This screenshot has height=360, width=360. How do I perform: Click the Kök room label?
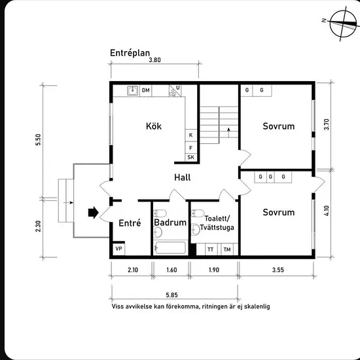pos(154,126)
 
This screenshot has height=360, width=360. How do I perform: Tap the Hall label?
pos(183,177)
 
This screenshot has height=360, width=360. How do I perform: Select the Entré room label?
pos(130,223)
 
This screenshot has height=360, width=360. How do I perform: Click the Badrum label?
pos(170,223)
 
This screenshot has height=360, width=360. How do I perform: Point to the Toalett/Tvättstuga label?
pos(217,223)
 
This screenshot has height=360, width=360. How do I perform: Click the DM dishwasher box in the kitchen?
pos(145,90)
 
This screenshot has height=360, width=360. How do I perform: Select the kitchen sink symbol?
pos(133,90)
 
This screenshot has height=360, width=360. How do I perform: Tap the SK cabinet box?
pos(190,157)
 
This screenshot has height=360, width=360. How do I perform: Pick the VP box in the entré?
pos(118,249)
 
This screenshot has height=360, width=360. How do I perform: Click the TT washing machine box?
pos(211,249)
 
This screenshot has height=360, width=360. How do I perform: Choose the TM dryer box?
pos(227,249)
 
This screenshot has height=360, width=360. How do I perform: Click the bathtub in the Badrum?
pos(170,247)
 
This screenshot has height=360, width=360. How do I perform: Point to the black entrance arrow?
pos(93,213)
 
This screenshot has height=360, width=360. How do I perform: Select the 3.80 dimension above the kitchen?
pos(154,60)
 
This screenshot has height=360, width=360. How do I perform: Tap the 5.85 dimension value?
pos(171,295)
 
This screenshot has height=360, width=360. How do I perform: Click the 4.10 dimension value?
pos(327,211)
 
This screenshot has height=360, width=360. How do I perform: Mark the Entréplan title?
pos(130,53)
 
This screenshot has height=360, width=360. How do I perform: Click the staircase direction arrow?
pos(228,132)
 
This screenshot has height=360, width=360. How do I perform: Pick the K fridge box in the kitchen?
pos(190,135)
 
